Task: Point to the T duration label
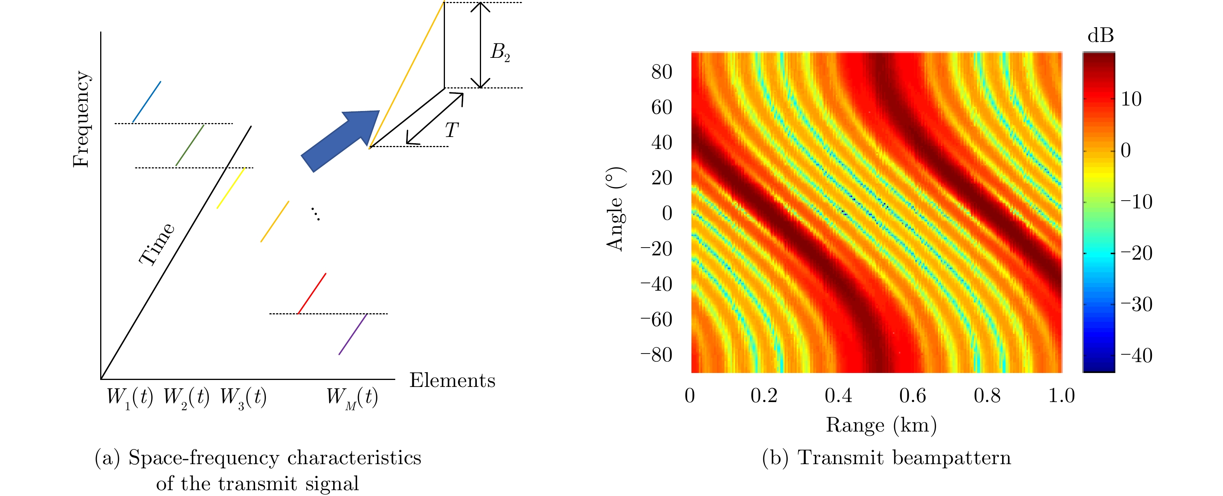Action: pyautogui.click(x=451, y=130)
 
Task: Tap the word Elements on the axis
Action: pyautogui.click(x=452, y=381)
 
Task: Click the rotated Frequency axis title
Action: pyautogui.click(x=81, y=119)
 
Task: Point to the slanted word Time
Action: pyautogui.click(x=157, y=244)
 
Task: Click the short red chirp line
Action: pyautogui.click(x=312, y=293)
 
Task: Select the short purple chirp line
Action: pyautogui.click(x=353, y=334)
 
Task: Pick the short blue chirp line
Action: pyautogui.click(x=147, y=102)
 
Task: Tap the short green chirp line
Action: pyautogui.click(x=190, y=145)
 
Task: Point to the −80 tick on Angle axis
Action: pyautogui.click(x=657, y=355)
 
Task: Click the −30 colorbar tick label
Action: pyautogui.click(x=1136, y=304)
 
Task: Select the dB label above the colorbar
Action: pyautogui.click(x=1101, y=36)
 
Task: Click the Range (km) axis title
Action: pyautogui.click(x=881, y=425)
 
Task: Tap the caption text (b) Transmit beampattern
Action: pyautogui.click(x=886, y=458)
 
